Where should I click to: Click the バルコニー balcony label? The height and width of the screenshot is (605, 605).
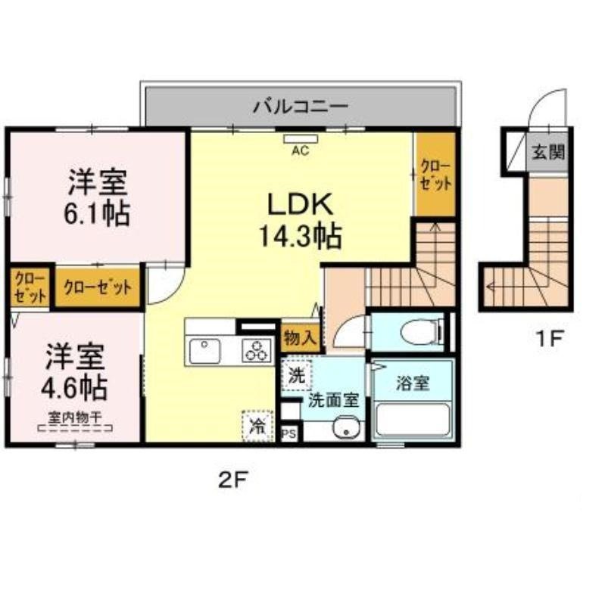click(301, 105)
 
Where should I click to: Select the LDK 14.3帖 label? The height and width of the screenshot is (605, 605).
click(299, 220)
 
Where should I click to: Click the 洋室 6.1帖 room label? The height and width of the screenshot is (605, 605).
click(98, 197)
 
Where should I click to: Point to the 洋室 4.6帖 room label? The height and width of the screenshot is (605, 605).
click(73, 371)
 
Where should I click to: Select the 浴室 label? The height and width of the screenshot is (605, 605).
click(413, 383)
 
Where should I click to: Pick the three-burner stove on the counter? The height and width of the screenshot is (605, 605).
click(255, 351)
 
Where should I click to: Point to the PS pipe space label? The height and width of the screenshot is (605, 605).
click(288, 434)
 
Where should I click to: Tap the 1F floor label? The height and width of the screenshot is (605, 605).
click(548, 340)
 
